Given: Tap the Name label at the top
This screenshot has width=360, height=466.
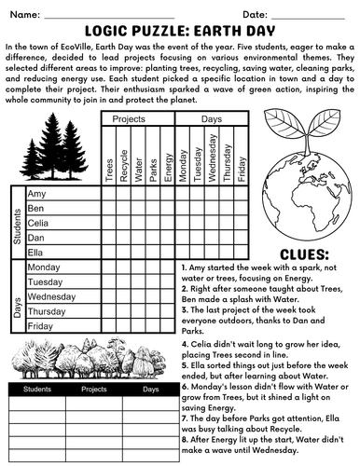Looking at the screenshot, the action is coord(25,15).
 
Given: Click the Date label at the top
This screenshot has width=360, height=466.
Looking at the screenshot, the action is coord(255,15).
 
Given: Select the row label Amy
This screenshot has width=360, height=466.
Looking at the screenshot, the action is coord(37,193).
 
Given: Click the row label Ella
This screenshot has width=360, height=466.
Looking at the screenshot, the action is coord(37,252).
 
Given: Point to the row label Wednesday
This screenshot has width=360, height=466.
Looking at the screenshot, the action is coord(53,296).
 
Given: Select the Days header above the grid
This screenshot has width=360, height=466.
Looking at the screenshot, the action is coord(212,120).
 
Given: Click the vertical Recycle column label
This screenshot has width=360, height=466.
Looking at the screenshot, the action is coord(124,158).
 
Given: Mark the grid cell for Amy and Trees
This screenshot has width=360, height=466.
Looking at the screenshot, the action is coord(109,193).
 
